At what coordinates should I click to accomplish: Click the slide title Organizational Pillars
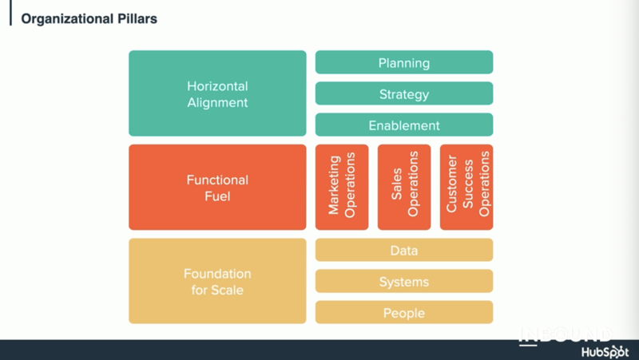click(89, 18)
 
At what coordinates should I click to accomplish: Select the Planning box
click(404, 62)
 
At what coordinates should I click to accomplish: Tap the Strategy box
click(404, 93)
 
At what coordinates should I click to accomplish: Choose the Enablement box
click(404, 125)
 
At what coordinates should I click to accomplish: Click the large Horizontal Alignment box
click(217, 93)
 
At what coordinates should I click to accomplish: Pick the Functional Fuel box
click(217, 188)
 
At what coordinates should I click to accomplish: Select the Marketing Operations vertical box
click(342, 188)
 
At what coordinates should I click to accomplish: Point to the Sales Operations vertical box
click(404, 188)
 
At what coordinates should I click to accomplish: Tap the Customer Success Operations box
click(466, 188)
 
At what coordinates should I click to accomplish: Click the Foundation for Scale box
click(217, 281)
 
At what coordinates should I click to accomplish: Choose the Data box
click(404, 250)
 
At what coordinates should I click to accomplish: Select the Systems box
click(404, 281)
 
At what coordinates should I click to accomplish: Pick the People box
click(404, 312)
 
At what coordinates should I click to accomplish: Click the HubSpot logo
click(605, 352)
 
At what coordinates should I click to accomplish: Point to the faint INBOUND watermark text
click(566, 334)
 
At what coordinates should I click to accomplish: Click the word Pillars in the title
click(137, 18)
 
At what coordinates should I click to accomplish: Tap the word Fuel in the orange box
click(217, 196)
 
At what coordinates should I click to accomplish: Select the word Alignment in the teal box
click(217, 103)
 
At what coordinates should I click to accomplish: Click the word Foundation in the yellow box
click(217, 274)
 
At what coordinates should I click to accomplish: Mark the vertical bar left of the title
click(10, 13)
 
